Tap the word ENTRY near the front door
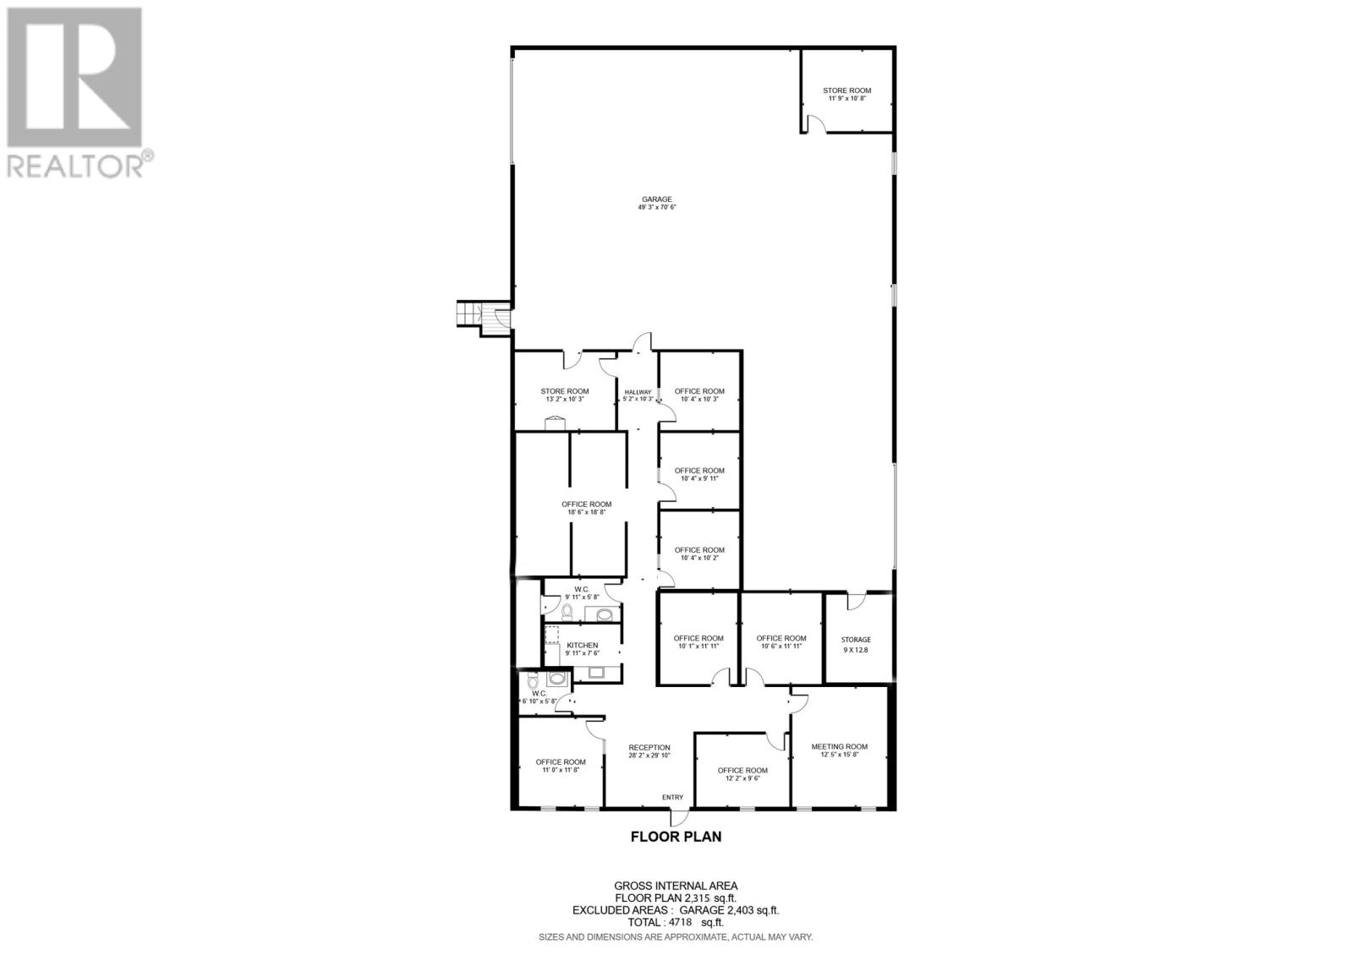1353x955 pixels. (672, 797)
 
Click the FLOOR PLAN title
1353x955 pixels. (676, 837)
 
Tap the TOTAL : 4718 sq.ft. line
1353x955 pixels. (676, 923)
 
